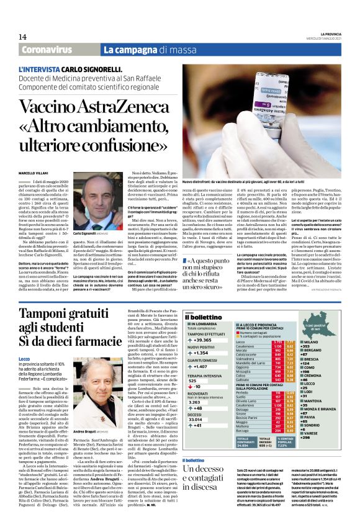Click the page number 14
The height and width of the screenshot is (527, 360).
22,37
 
